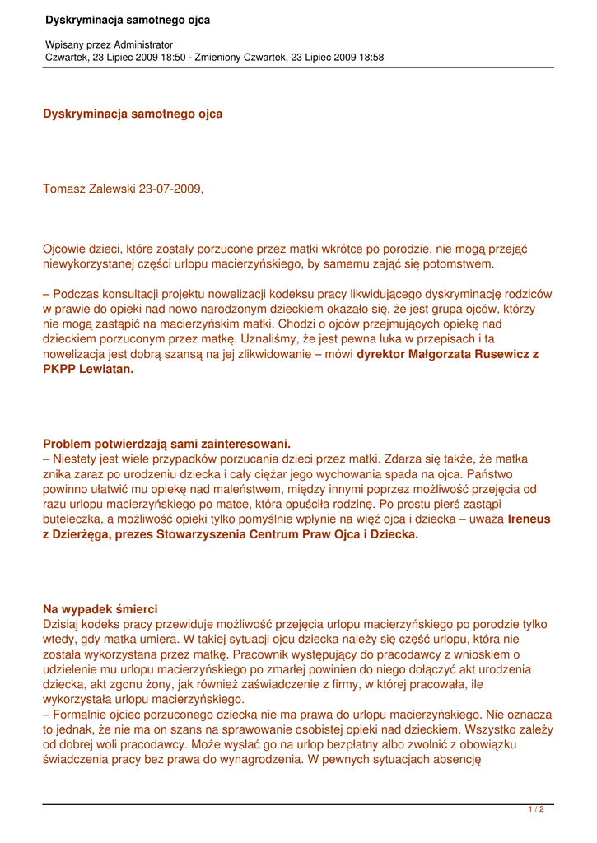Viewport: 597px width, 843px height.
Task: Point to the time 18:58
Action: pos(370,58)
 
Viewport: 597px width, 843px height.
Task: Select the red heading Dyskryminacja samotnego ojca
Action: pos(133,114)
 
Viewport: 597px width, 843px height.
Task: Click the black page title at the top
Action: pos(128,20)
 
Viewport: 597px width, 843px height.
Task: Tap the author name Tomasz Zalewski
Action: pos(89,189)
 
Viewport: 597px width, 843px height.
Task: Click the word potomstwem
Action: pos(455,264)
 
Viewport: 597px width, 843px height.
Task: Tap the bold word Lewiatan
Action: pos(106,369)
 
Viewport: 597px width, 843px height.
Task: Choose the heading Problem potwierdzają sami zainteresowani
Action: pos(166,444)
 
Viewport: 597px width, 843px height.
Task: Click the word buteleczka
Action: pos(74,519)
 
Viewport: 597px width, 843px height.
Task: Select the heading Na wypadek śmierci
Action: pos(100,609)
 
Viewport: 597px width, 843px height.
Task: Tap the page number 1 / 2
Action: pos(536,809)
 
